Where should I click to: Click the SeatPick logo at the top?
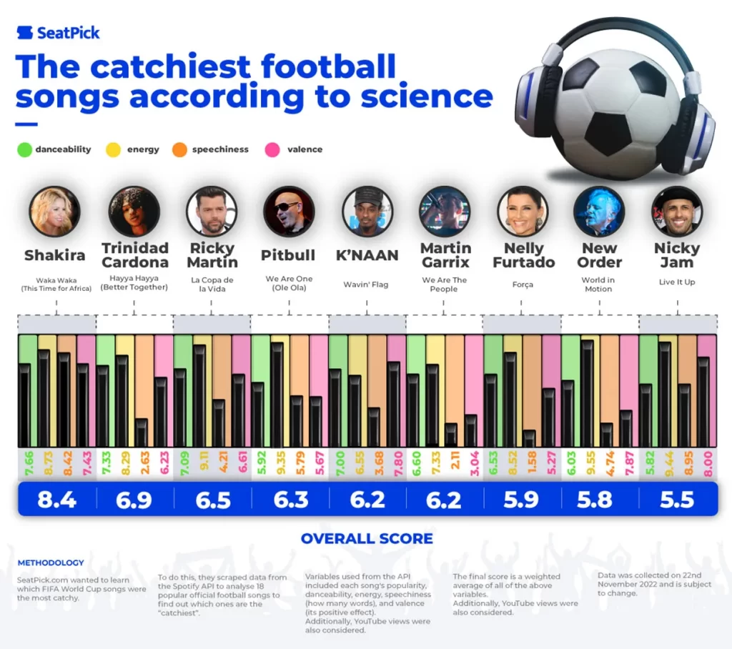[x=58, y=33]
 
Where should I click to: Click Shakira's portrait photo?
[x=55, y=212]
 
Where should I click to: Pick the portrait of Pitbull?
[x=289, y=212]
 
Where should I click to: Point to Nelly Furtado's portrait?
[x=522, y=212]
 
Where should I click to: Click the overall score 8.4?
[x=57, y=499]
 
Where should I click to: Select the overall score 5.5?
[x=677, y=499]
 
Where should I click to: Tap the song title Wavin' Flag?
[x=366, y=284]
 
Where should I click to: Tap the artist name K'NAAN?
[x=367, y=255]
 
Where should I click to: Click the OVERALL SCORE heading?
[x=366, y=538]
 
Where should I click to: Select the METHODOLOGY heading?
[x=50, y=563]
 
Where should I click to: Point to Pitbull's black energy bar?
[x=277, y=395]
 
